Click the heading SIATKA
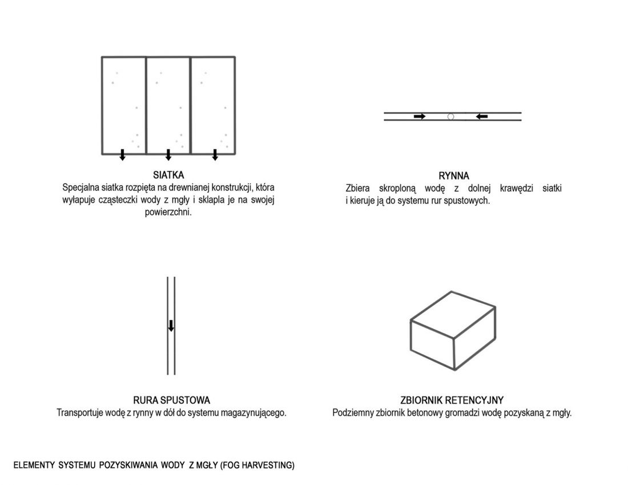pos(168,175)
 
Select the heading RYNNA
pos(454,176)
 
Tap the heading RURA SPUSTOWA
pos(171,400)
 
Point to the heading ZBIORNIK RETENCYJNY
pos(452,400)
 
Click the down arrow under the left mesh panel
pos(123,155)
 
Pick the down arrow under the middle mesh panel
pos(168,155)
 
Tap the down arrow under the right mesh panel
pos(215,155)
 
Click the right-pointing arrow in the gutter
pos(420,116)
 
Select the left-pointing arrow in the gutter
pos(482,116)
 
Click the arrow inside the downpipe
pos(171,326)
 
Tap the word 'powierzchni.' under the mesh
pos(168,213)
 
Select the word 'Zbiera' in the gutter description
pos(357,189)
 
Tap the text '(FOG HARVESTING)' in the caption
pos(257,466)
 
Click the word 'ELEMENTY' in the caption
pos(34,466)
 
